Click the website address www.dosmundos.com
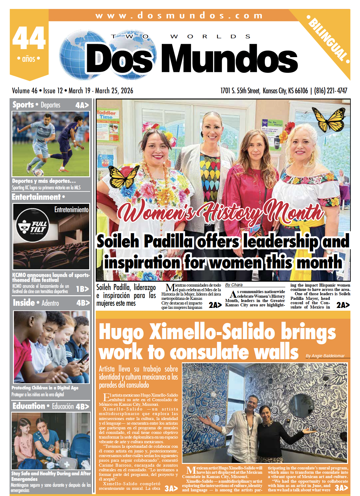coord(179,15)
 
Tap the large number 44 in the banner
coord(29,38)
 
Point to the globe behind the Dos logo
coord(74,54)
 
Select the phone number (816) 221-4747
coord(331,91)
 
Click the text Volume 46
coord(24,91)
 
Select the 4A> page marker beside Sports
coord(82,105)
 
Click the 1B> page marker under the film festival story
coord(82,289)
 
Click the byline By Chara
coord(234,285)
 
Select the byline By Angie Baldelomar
coord(325,356)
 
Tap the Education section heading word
coord(29,406)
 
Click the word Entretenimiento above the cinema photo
coord(71,210)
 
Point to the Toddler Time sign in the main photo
coord(106,115)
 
